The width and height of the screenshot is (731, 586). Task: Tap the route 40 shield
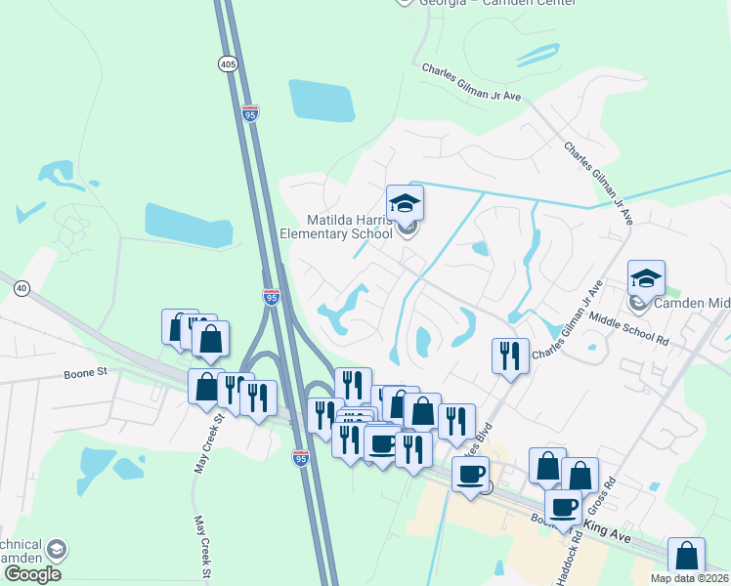(x=21, y=287)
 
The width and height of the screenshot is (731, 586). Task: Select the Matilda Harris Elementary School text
(x=336, y=227)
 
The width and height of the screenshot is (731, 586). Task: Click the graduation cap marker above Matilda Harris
(x=405, y=204)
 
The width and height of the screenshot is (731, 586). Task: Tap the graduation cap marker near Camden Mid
(x=646, y=278)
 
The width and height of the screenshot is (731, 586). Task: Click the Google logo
(x=32, y=574)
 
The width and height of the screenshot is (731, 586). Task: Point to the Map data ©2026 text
(x=690, y=578)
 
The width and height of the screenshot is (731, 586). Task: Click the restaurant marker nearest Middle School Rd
(x=510, y=356)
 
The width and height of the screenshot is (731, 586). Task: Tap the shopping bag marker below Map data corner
(x=686, y=557)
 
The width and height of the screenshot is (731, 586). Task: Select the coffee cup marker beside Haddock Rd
(x=563, y=508)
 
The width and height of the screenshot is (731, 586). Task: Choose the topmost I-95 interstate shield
(x=250, y=114)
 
